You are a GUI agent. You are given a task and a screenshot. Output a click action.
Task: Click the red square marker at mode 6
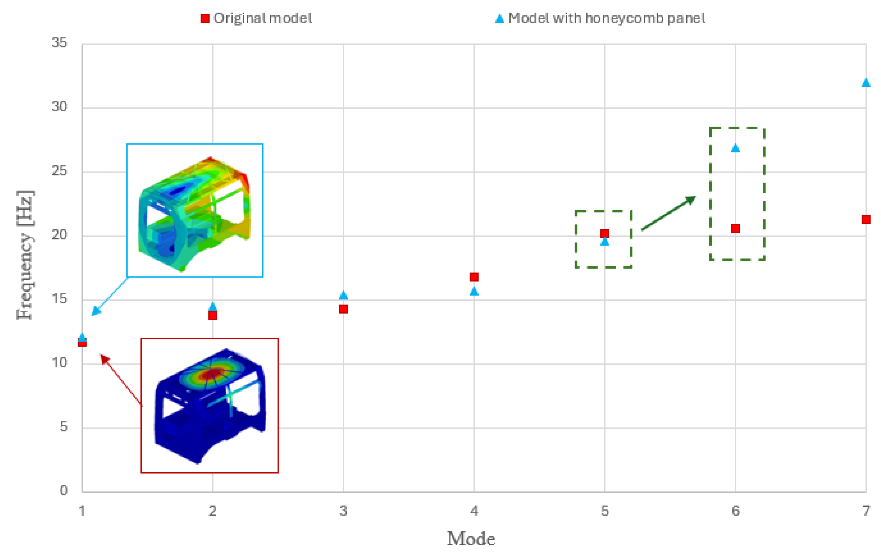[735, 229]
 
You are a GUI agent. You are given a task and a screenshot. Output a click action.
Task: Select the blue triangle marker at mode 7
[866, 83]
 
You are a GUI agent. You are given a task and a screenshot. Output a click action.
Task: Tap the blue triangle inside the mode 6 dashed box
[735, 148]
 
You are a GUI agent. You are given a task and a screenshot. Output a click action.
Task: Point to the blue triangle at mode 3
[343, 295]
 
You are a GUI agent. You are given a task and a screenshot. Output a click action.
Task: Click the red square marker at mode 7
[866, 219]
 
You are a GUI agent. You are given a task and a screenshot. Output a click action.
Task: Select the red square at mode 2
[213, 315]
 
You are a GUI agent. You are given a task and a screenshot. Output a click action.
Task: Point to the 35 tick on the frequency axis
[59, 43]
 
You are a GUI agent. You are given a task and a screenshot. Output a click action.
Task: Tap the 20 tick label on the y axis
[59, 235]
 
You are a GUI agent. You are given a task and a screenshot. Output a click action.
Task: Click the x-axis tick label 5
[605, 511]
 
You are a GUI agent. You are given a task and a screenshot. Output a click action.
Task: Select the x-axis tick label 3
[343, 511]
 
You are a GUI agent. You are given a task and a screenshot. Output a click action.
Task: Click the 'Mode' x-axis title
[471, 539]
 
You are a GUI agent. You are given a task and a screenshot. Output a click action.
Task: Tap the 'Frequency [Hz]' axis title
[26, 255]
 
